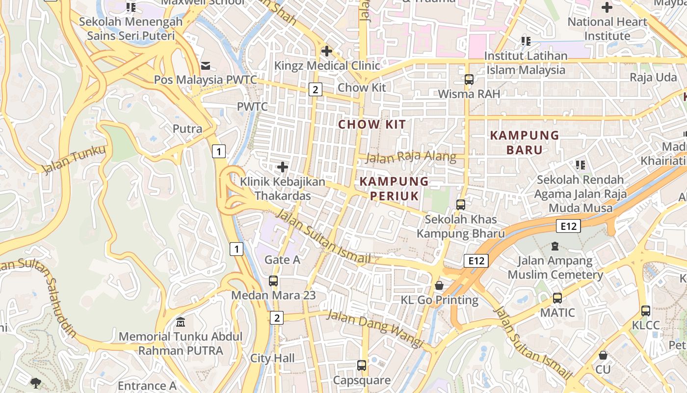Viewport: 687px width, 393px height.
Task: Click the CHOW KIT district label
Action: (x=372, y=124)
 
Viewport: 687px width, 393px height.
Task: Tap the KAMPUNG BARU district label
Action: (x=525, y=142)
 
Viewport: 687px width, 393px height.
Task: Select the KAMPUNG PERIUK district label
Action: (x=394, y=189)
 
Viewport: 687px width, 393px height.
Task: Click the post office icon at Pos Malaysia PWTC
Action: (x=205, y=65)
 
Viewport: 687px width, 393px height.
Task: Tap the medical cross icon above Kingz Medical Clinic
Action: (x=326, y=51)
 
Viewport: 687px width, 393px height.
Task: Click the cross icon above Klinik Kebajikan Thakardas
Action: (x=282, y=167)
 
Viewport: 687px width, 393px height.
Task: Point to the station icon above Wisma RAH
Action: (x=469, y=79)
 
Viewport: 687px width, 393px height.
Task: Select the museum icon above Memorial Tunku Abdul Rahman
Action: (x=181, y=322)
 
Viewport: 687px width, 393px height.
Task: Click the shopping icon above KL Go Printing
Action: (x=439, y=285)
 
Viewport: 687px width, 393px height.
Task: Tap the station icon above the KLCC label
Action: (x=646, y=310)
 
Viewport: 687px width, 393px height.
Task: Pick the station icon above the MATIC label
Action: (x=557, y=298)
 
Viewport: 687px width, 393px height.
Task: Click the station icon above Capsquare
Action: (x=362, y=365)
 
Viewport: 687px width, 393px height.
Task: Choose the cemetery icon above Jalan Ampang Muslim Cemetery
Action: (x=555, y=246)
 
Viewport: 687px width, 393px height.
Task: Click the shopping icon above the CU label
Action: (x=603, y=355)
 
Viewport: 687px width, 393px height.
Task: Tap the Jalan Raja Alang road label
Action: (x=411, y=157)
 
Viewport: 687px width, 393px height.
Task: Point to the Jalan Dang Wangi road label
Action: (x=375, y=328)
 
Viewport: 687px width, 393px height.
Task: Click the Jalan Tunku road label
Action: (x=74, y=160)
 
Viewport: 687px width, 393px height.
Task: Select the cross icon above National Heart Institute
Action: (x=607, y=7)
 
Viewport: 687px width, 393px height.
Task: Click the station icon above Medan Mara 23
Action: (x=273, y=281)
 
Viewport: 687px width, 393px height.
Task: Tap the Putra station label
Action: (x=187, y=129)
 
